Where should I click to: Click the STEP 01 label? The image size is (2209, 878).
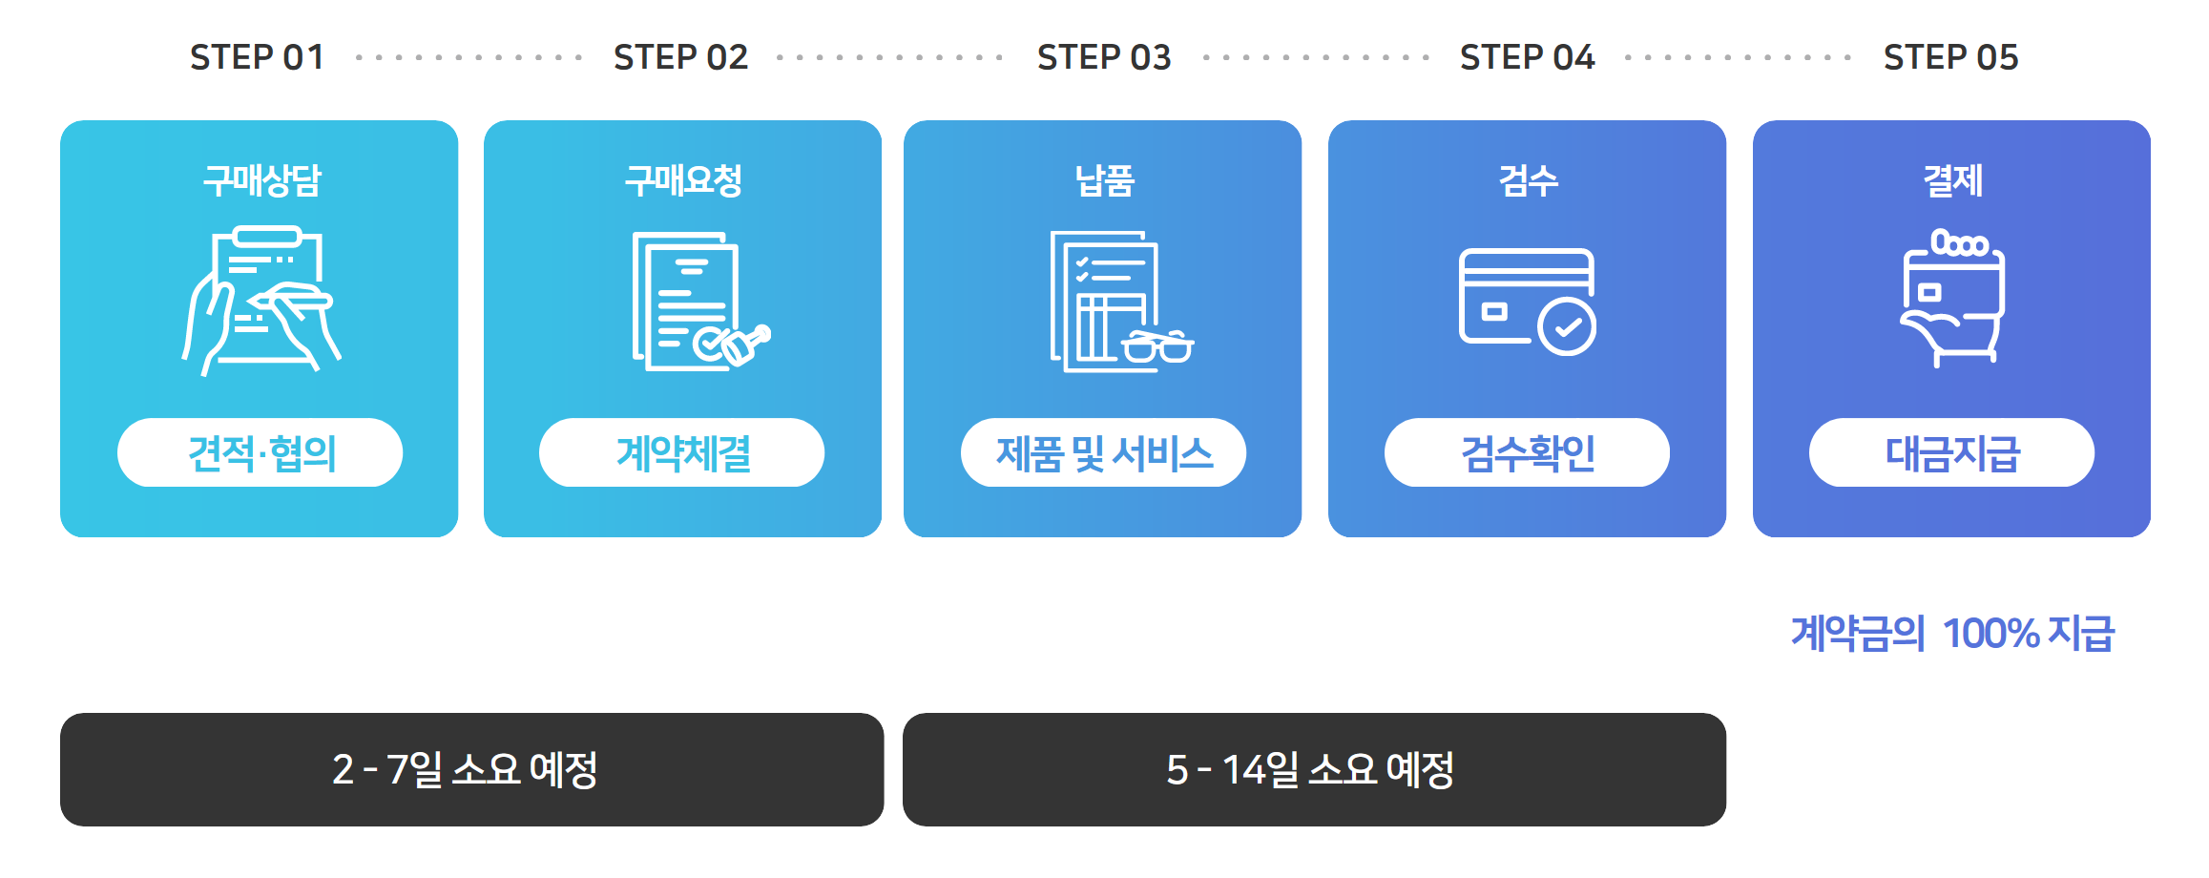(257, 57)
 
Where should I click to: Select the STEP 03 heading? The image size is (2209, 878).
(1104, 57)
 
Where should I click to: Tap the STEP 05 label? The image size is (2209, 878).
(1950, 57)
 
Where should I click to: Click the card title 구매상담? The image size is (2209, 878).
(261, 180)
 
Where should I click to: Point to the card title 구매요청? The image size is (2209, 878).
(683, 180)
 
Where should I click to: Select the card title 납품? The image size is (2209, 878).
(1104, 180)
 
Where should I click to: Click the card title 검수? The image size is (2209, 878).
(1528, 180)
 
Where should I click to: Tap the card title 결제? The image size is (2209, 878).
(1952, 180)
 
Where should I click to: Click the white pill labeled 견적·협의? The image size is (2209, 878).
(260, 452)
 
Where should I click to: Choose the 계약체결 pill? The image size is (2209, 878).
(682, 452)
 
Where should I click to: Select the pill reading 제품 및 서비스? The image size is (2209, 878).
(1103, 452)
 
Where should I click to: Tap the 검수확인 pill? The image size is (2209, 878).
(1527, 452)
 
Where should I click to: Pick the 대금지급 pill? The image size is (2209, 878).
(1951, 452)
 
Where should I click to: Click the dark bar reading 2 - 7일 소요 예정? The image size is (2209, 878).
(471, 769)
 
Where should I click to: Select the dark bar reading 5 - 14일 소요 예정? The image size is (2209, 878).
(1314, 769)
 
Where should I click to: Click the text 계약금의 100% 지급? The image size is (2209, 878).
(1952, 633)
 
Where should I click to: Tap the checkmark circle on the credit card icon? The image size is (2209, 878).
(1567, 326)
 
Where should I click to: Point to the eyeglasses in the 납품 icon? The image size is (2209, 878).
(1157, 346)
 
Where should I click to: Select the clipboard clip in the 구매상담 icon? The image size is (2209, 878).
(267, 237)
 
